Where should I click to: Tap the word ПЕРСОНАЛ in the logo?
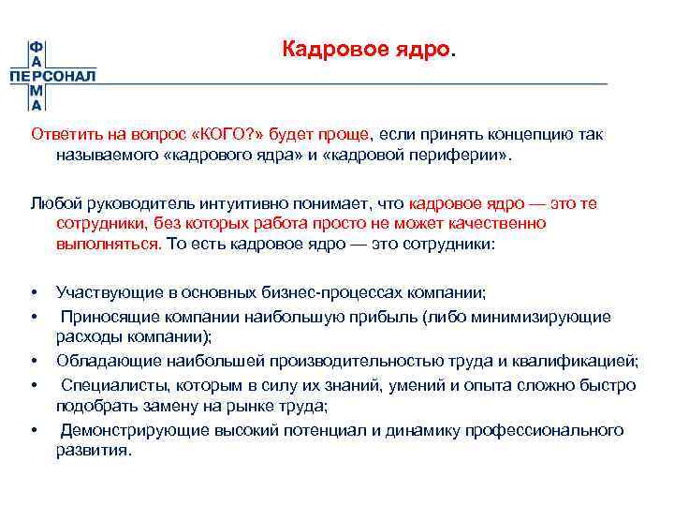[x=52, y=76]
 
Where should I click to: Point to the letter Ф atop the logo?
[x=37, y=47]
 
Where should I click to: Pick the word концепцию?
[x=526, y=134]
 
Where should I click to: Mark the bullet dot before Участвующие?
[x=34, y=293]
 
